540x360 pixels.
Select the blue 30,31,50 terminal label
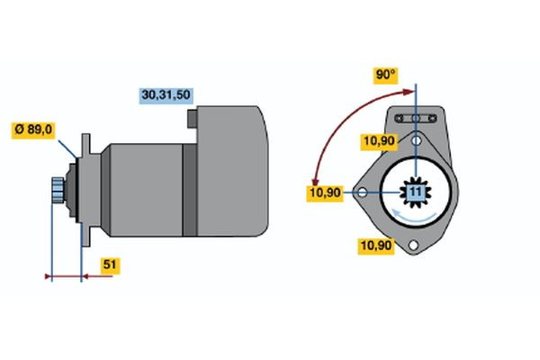click(167, 94)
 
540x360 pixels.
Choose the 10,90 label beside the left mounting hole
click(325, 193)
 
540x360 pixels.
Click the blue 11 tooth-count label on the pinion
click(415, 193)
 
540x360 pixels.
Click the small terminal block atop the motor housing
click(192, 118)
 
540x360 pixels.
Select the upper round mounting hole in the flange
click(415, 139)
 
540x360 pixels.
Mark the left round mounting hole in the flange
click(362, 192)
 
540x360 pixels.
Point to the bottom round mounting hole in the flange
click(414, 246)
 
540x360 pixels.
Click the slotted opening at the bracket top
click(415, 118)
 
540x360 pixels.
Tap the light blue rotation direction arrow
click(415, 216)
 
